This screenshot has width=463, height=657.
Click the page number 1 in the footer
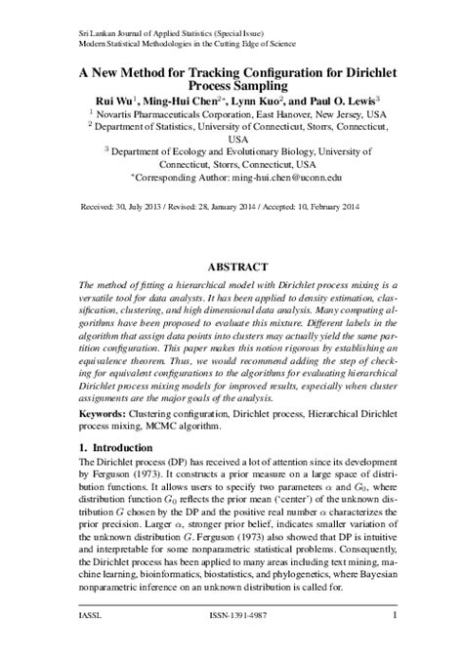point(394,616)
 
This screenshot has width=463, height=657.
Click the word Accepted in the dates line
point(295,207)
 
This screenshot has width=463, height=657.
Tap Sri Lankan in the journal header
point(96,32)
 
